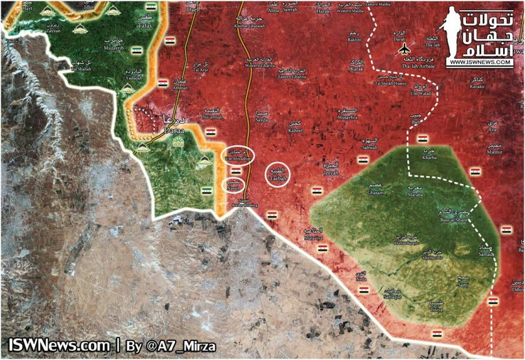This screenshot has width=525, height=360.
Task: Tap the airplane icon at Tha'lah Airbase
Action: pyautogui.click(x=405, y=49)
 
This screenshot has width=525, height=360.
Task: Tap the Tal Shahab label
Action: pyautogui.click(x=82, y=69)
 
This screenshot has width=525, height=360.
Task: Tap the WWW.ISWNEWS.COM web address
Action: pyautogui.click(x=479, y=62)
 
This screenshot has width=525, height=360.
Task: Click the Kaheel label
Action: pyautogui.click(x=295, y=128)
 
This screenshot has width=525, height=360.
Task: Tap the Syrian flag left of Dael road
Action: pyautogui.click(x=170, y=41)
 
